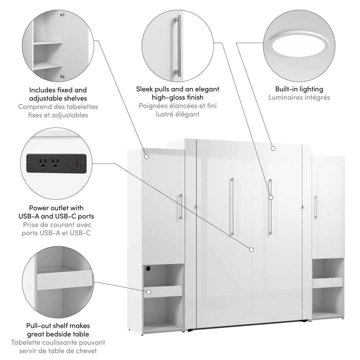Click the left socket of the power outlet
[x=43, y=163]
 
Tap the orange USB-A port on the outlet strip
[x=76, y=163]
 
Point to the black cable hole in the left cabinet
[x=148, y=268]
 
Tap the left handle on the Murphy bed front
[x=232, y=207]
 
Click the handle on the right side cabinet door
[x=315, y=207]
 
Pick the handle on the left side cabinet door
[x=180, y=207]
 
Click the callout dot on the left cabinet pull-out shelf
[x=149, y=292]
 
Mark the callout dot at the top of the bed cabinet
[x=273, y=148]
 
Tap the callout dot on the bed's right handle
[x=271, y=197]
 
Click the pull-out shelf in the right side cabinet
[x=327, y=282]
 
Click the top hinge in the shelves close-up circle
[x=62, y=15]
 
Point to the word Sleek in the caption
[x=144, y=89]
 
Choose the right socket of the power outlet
[x=55, y=163]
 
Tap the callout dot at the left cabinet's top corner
[x=146, y=156]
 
